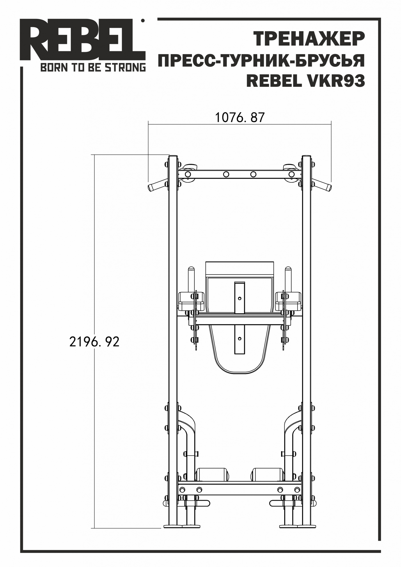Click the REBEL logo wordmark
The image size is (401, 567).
[x=82, y=40]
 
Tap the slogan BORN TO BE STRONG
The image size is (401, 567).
[x=93, y=68]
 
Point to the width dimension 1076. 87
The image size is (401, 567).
[x=239, y=117]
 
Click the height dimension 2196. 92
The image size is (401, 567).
[x=94, y=342]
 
